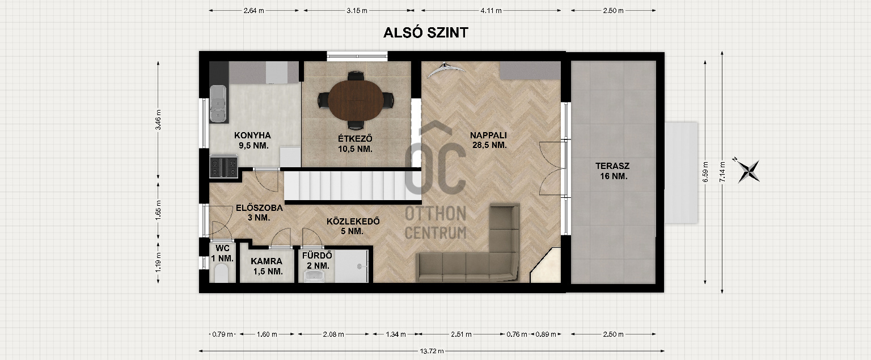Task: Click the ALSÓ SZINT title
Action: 426,33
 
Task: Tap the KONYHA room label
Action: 252,135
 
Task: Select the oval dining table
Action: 356,100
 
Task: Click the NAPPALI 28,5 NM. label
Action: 489,140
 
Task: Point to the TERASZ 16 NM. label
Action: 613,171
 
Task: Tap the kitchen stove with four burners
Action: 223,166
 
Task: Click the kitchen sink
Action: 218,104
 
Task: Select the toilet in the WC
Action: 222,273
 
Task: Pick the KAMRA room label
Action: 267,261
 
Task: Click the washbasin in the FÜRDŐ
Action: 314,277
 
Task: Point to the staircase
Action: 352,186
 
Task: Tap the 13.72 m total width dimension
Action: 432,351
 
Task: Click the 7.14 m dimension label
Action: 722,172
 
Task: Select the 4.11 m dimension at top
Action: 491,11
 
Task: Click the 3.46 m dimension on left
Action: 158,120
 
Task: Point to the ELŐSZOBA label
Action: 259,208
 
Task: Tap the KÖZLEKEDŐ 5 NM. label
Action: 353,226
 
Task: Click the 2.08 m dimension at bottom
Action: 333,334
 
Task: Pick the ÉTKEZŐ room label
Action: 355,138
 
